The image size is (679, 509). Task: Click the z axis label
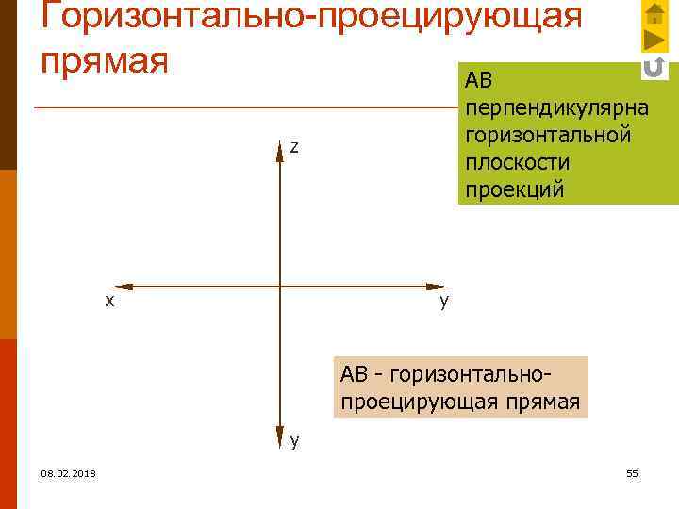click(x=294, y=147)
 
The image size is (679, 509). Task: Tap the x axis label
click(x=109, y=301)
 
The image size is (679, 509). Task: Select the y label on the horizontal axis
click(x=444, y=302)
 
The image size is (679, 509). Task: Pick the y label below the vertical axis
click(x=295, y=440)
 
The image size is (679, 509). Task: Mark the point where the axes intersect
click(x=280, y=285)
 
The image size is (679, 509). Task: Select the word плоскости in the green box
click(x=518, y=162)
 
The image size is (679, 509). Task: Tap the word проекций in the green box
click(x=514, y=189)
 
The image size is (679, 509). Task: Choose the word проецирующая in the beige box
click(x=421, y=402)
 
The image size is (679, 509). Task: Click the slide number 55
click(x=632, y=473)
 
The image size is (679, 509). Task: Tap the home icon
click(x=654, y=13)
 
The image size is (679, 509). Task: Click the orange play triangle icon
click(x=654, y=41)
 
